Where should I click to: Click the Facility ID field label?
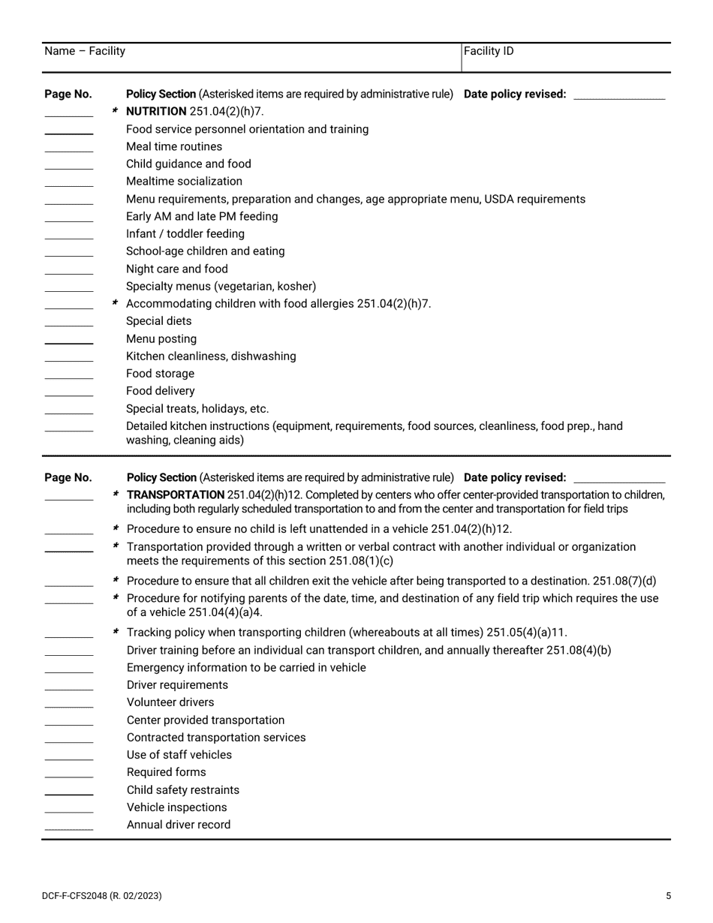tap(489, 51)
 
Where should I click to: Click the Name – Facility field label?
tap(85, 51)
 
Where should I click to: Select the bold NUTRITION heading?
tap(156, 112)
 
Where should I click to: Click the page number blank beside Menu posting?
tap(69, 342)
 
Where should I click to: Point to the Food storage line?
tap(160, 374)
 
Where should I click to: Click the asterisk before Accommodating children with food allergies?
tap(116, 303)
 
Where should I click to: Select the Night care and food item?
tap(176, 269)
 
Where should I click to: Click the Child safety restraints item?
tap(183, 790)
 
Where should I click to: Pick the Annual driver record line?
tap(179, 825)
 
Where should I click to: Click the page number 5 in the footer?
tap(668, 895)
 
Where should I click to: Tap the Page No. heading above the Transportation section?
tap(68, 477)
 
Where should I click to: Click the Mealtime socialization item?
tap(184, 182)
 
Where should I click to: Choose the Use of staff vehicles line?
tap(179, 755)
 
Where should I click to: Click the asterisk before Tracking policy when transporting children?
tap(116, 632)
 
